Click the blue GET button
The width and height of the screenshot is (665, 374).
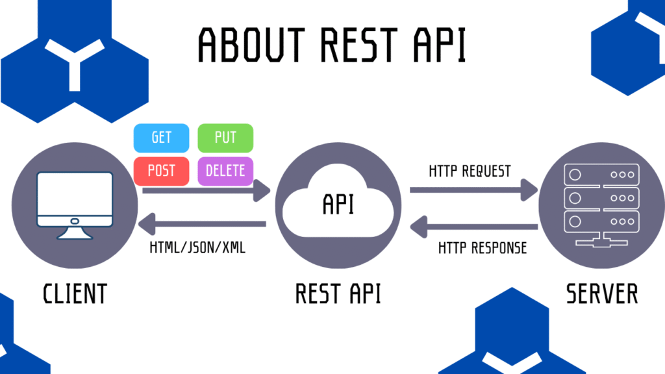(161, 138)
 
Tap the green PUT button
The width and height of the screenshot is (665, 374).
(225, 138)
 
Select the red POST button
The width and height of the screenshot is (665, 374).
(161, 171)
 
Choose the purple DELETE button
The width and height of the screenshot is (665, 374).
(225, 171)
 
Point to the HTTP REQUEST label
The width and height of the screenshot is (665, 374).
(470, 171)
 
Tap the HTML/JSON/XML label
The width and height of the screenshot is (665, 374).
(198, 247)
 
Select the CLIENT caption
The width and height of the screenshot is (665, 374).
(75, 293)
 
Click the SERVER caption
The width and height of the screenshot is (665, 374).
(602, 293)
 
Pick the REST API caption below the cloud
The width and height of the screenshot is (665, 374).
(338, 293)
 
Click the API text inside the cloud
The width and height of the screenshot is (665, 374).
(338, 205)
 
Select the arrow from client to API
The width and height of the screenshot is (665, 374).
(205, 191)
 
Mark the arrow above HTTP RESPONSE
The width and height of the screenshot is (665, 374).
(473, 226)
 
